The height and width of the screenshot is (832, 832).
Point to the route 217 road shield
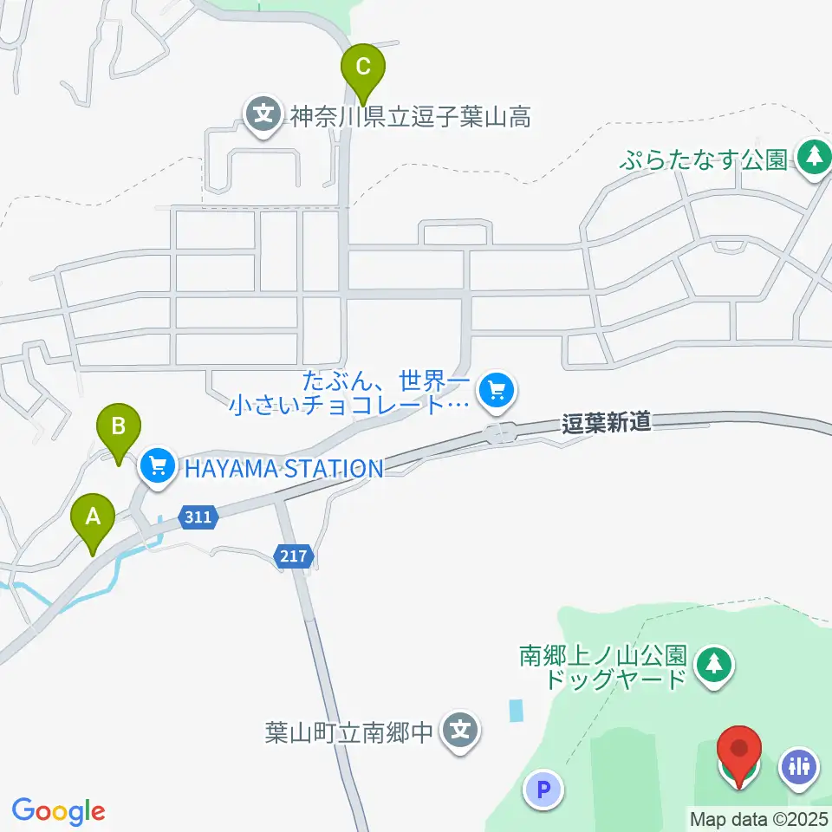coord(294,556)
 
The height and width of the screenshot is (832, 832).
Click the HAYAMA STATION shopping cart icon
coord(157,468)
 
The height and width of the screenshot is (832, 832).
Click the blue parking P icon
coord(543,790)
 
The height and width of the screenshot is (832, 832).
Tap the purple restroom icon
coord(798,766)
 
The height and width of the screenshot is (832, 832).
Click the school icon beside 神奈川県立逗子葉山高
coord(262,114)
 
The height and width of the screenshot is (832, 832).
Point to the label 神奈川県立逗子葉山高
coord(410,116)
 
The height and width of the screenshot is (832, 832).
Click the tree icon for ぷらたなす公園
coord(813,158)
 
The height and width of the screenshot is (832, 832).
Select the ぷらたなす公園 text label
coord(704,159)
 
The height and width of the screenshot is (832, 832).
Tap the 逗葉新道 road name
coord(606,423)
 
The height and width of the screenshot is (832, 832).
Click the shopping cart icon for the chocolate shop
coord(496,391)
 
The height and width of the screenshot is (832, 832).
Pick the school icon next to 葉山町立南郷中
coord(461,731)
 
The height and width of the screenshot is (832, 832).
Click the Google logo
coord(59,811)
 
